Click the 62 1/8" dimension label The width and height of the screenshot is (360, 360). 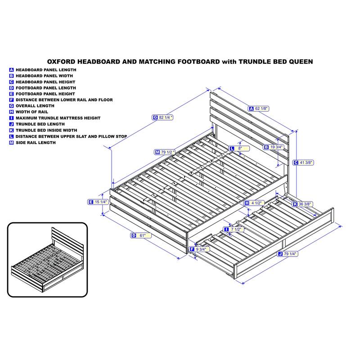coord(258,108)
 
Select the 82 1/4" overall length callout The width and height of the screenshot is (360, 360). coord(162,117)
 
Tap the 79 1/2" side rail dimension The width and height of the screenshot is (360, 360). coord(165,152)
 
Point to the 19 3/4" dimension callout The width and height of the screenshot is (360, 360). coord(274,147)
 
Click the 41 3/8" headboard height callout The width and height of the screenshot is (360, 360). coord(303,162)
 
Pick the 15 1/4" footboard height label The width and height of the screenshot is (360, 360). coord(98,202)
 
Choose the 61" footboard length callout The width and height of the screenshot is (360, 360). coord(141,235)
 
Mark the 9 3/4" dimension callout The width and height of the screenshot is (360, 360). coord(199,249)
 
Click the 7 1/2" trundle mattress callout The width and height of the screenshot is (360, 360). coord(234,229)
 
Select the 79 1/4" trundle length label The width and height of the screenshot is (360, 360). coord(288,254)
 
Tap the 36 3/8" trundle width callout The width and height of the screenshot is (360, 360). coord(302,204)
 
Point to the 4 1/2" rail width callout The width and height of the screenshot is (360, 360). coord(254,203)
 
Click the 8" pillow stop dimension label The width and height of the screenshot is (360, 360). coord(239,148)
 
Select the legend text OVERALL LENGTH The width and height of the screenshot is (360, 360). coord(35,106)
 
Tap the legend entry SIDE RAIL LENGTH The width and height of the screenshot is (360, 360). coord(36,143)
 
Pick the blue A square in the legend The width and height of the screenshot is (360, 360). coord(12,70)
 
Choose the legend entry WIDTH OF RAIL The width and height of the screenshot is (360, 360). coord(32,112)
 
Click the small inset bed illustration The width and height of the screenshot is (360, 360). coord(48,260)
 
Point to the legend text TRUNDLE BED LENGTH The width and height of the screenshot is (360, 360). coord(40,124)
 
